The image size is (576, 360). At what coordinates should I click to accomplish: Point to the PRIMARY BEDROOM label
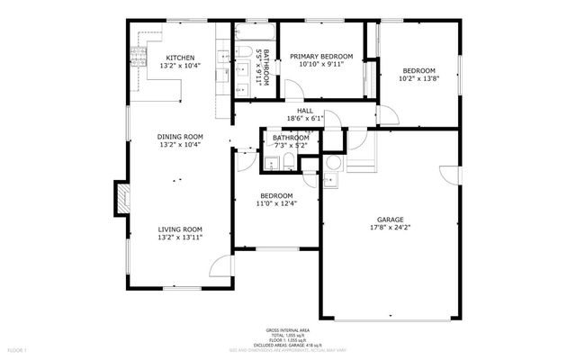point(321,57)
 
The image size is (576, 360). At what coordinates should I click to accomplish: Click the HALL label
point(304,111)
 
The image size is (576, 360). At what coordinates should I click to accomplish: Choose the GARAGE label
point(390,220)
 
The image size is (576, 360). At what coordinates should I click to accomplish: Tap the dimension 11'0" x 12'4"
point(276,203)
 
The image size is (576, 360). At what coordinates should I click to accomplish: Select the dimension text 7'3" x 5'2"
point(291,145)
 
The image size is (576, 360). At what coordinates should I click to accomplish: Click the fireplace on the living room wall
point(118,198)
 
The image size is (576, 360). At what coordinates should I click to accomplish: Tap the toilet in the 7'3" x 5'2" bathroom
point(286,162)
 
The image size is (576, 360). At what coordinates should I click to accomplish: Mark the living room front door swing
point(220,266)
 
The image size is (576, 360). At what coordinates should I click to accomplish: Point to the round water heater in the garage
point(333,163)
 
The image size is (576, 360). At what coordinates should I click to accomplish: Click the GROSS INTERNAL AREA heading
point(287,330)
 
